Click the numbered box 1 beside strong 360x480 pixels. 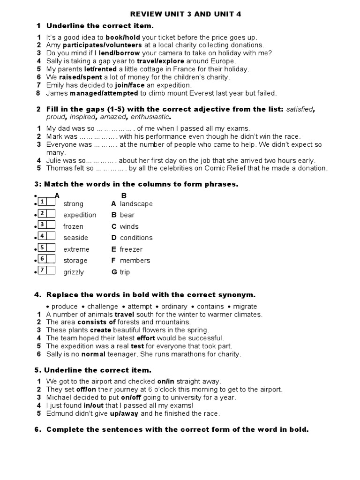click(42, 202)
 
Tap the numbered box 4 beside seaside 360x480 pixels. click(42, 236)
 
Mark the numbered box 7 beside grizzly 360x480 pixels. click(42, 270)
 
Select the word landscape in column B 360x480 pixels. click(136, 204)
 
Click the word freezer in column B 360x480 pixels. click(131, 249)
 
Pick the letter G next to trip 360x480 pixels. click(113, 272)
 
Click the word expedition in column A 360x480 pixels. click(80, 215)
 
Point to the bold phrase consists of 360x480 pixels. click(97, 322)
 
